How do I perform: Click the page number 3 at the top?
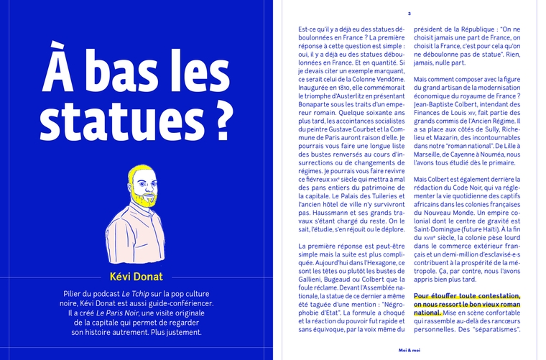(x=409, y=13)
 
